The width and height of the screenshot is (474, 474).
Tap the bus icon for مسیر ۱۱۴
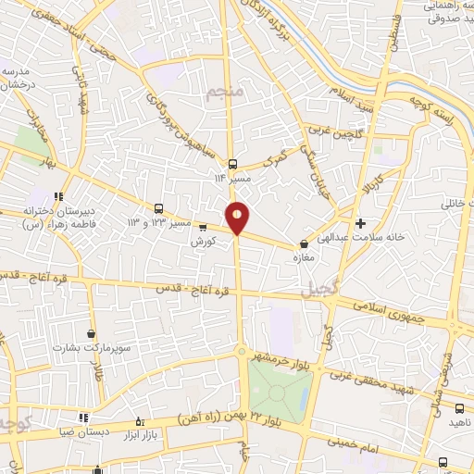coord(232,161)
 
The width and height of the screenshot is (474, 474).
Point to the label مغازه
coord(304,257)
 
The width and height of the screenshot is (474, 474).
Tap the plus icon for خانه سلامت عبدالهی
coord(361,223)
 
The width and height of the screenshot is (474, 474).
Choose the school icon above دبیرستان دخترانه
coord(58,195)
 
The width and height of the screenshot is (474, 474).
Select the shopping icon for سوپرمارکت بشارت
coord(91,333)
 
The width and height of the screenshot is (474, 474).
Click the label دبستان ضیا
coord(81,432)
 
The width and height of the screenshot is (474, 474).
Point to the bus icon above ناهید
coord(459,407)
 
